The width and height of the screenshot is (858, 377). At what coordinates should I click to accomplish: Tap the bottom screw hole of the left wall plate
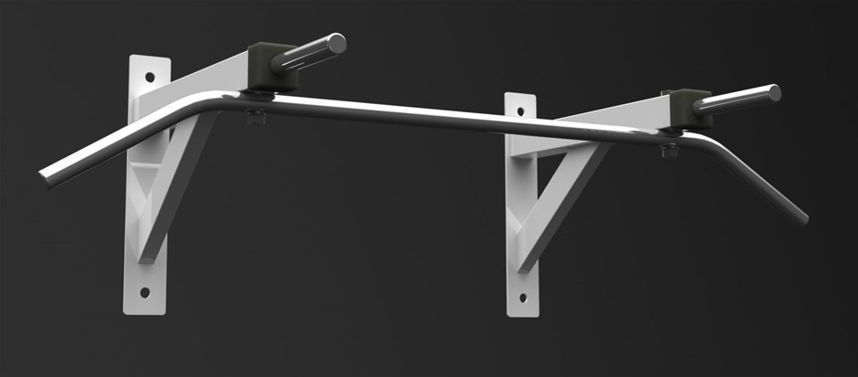point(144,293)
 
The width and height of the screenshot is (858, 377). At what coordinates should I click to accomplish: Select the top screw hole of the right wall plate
point(521,110)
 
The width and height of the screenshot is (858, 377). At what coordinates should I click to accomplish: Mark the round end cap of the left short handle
point(337,42)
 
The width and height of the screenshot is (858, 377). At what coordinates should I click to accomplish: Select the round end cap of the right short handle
point(774,92)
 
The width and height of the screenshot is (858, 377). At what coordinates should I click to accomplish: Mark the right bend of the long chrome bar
point(707,141)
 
